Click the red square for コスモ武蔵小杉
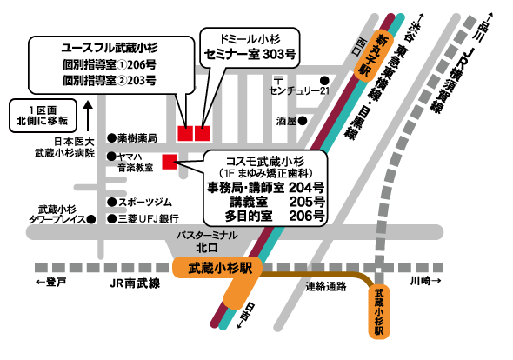pos(170,159)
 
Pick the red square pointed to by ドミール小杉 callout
pos(203,133)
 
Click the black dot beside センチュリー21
pos(323,77)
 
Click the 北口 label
pos(207,246)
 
